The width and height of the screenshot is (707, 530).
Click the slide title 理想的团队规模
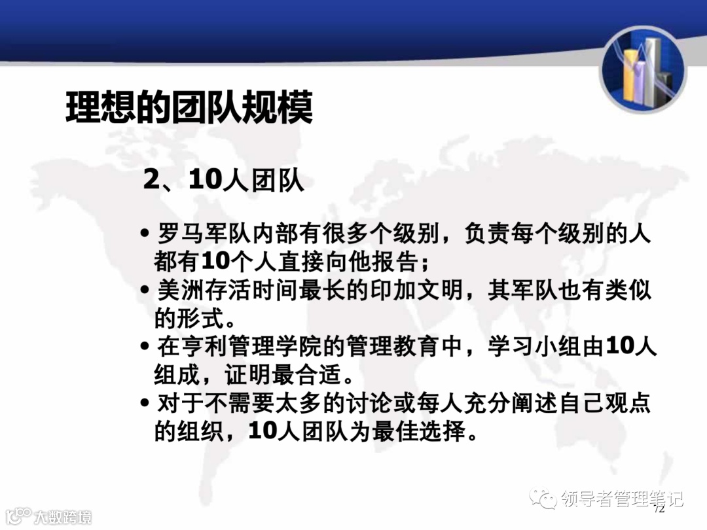coord(189,109)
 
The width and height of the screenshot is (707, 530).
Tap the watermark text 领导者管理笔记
coord(621,499)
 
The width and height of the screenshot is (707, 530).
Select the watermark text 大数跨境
coord(62,517)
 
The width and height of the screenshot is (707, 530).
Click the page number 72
coord(659,508)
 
